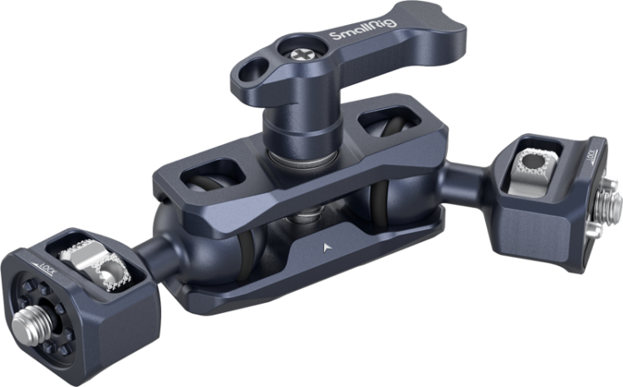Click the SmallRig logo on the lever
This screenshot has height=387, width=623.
(363, 29)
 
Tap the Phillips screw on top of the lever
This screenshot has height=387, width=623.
(300, 55)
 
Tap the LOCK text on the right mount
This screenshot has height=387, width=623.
(591, 156)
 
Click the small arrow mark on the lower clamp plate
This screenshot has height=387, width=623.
(326, 248)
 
